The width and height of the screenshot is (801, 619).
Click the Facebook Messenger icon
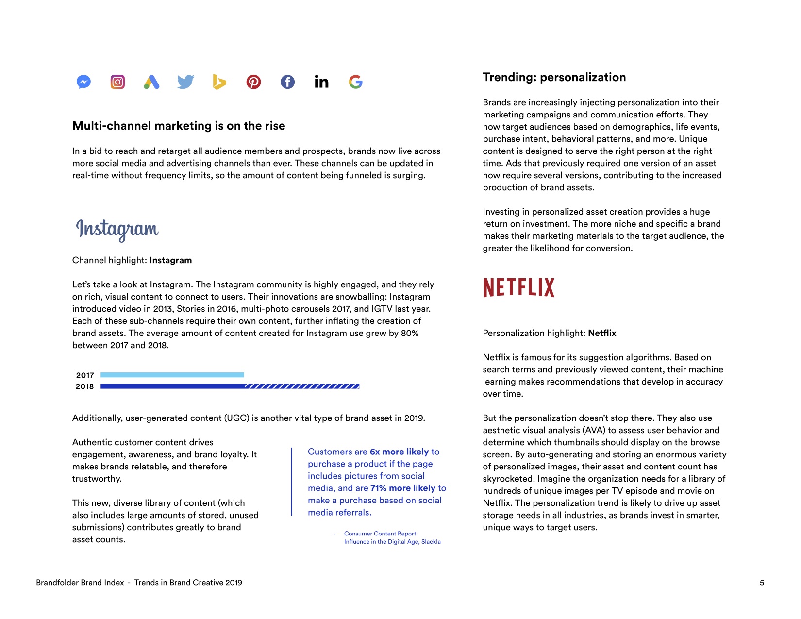click(83, 82)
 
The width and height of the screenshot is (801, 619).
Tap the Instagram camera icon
click(117, 82)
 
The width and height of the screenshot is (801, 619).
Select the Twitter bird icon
click(185, 82)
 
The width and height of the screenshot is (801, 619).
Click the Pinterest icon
click(253, 82)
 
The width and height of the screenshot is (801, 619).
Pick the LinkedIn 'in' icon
click(321, 82)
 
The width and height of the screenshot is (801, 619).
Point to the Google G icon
click(355, 82)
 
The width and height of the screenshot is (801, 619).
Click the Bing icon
click(219, 82)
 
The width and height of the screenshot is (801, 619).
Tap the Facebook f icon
click(287, 82)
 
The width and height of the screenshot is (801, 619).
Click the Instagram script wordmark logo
click(117, 229)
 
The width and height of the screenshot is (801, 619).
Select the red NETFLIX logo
click(518, 287)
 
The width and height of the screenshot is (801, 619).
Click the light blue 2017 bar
click(172, 375)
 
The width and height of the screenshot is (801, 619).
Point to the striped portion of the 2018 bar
click(302, 386)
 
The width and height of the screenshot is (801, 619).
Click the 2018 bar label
click(84, 386)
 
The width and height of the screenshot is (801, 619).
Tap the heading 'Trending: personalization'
click(554, 77)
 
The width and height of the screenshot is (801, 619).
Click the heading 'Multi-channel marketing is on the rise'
click(179, 126)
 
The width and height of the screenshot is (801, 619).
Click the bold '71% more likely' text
click(402, 488)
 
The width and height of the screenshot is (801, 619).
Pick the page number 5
click(762, 583)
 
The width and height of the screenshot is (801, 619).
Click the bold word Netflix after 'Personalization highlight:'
click(602, 333)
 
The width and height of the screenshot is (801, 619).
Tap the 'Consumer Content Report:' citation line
click(381, 534)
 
